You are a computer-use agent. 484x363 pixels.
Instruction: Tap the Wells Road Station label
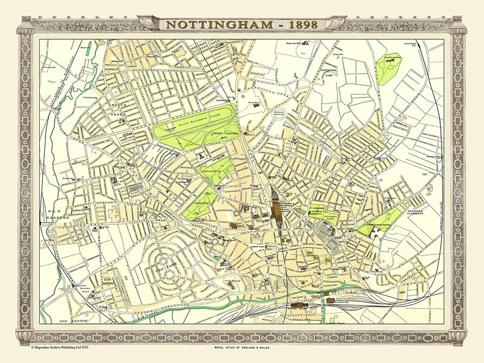411,45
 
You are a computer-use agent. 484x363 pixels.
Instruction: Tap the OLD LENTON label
70,321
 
